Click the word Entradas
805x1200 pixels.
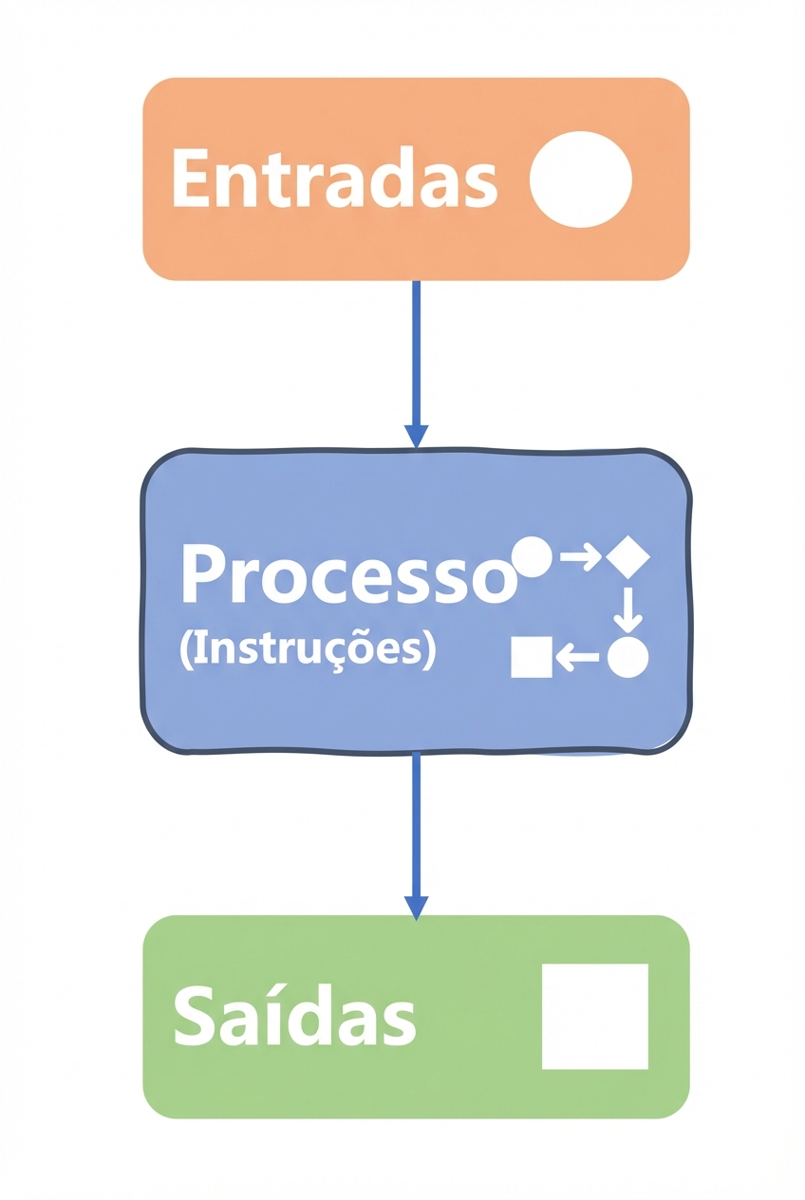coord(334,178)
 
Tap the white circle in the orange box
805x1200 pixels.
coord(580,179)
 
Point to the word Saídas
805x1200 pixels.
coord(294,1015)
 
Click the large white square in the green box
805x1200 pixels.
coord(594,1016)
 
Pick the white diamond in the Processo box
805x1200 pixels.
coord(627,556)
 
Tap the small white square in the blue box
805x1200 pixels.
coord(532,657)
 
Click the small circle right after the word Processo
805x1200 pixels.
coord(532,557)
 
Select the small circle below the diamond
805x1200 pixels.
coord(627,657)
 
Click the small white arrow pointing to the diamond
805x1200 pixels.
coord(581,557)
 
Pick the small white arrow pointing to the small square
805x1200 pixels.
coord(577,656)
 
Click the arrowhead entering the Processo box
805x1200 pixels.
coord(416,436)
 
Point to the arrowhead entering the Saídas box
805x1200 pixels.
coord(416,907)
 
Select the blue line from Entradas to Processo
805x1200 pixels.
coord(416,351)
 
